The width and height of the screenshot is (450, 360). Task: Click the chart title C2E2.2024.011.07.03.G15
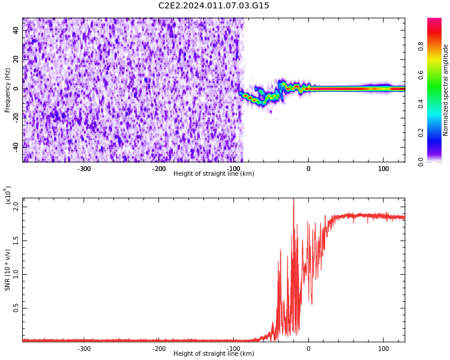[x=214, y=6]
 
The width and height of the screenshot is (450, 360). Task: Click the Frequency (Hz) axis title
[x=8, y=90]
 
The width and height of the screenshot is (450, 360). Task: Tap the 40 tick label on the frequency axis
[x=16, y=30]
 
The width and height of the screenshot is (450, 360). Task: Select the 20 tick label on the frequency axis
[x=16, y=59]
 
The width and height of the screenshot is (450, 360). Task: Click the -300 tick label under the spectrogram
[x=84, y=169]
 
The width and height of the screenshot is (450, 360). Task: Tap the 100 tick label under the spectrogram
[x=383, y=169]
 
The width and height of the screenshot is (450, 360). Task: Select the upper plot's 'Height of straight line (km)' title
[x=214, y=174]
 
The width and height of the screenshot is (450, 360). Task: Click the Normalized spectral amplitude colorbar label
[x=446, y=90]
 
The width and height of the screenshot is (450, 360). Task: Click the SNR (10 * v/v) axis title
[x=8, y=270]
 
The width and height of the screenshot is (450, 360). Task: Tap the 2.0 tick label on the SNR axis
[x=16, y=206]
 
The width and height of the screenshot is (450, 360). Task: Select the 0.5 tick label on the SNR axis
[x=16, y=308]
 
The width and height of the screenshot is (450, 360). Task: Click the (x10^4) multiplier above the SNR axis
[x=8, y=196]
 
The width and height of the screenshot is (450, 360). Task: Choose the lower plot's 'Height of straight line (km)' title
[x=214, y=354]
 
